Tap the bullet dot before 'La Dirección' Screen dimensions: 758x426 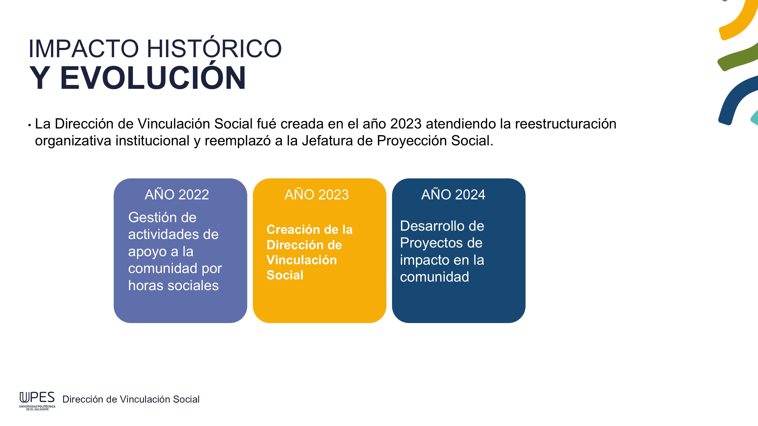click(x=30, y=125)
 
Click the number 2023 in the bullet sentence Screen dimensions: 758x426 click(x=406, y=124)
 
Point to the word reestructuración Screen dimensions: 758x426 click(x=566, y=124)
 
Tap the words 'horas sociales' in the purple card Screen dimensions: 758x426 click(x=174, y=285)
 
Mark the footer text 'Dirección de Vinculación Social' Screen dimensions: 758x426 click(x=131, y=399)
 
